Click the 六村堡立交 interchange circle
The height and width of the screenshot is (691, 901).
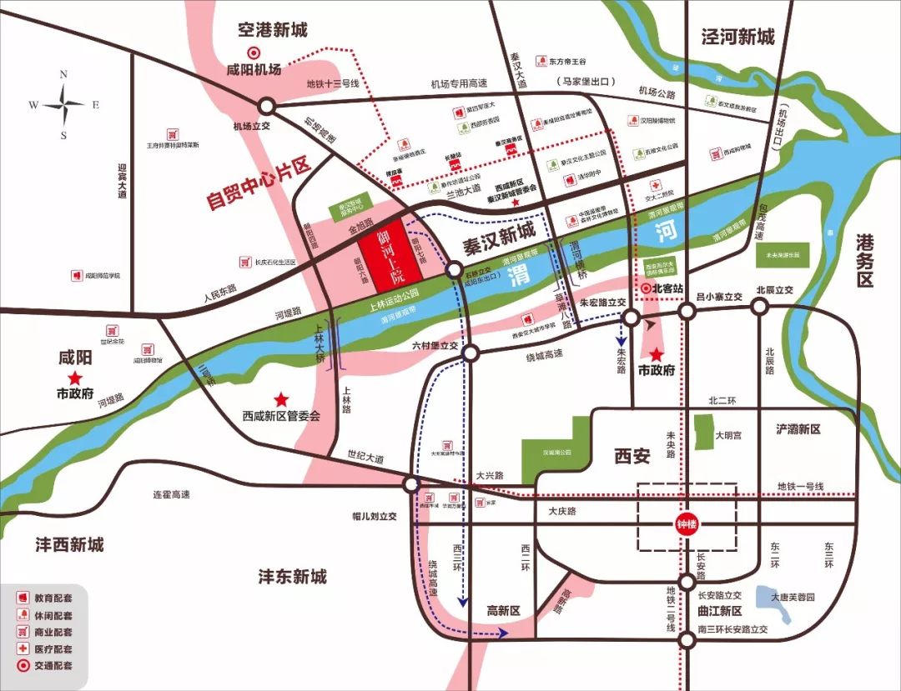[x=471, y=353]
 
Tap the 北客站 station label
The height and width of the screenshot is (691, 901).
[x=667, y=288]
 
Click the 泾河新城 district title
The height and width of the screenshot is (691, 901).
[x=737, y=37]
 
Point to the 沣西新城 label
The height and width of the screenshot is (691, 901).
[x=70, y=544]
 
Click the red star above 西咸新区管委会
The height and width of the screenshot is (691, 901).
[x=283, y=399]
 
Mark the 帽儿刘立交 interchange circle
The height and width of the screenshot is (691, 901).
[x=410, y=485]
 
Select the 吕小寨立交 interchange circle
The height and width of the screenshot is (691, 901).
[x=687, y=311]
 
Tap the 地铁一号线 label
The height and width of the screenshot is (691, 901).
[x=799, y=486]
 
